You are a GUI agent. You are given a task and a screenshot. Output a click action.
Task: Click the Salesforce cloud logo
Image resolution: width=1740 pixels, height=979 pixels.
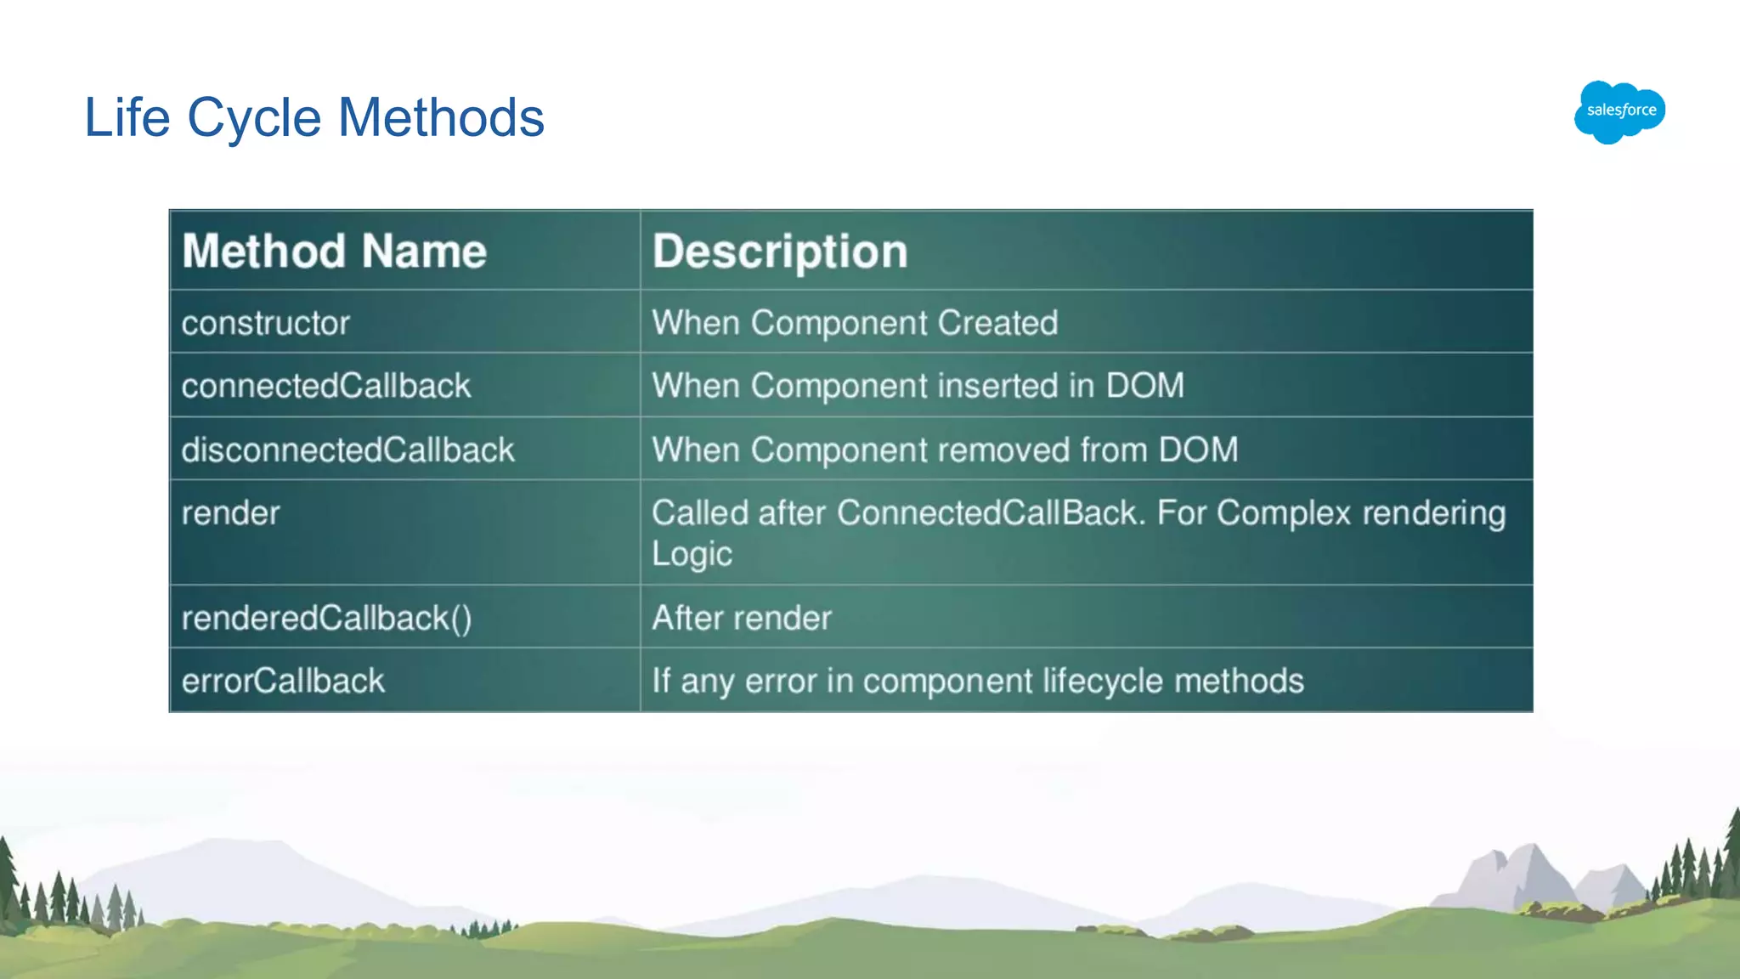(1619, 111)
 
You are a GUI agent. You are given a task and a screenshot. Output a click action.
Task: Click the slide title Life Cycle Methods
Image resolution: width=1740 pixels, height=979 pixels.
(314, 117)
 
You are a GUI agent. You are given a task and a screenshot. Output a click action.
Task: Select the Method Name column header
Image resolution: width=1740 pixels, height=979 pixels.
(334, 252)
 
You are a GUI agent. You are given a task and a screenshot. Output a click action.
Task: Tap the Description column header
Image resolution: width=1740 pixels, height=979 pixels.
(779, 252)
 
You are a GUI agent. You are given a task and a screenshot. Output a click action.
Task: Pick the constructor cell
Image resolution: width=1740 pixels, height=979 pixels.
(265, 323)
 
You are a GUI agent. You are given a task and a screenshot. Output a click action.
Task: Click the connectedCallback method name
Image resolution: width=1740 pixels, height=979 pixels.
(325, 386)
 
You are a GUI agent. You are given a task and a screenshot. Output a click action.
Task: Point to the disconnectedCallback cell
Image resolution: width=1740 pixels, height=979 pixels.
(347, 450)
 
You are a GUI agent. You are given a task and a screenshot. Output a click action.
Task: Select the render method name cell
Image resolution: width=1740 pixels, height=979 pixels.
(230, 513)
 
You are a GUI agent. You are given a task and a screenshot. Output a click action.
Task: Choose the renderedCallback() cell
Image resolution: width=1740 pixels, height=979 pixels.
(326, 618)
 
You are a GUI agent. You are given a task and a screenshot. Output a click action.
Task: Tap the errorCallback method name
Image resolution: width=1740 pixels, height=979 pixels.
(283, 681)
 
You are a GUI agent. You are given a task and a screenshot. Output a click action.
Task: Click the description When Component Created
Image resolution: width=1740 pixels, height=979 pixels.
(854, 323)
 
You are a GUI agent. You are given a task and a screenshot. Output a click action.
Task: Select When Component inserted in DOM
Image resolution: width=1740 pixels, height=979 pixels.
(918, 386)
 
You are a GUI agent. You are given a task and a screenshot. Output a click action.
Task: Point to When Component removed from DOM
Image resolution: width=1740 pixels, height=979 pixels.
(945, 450)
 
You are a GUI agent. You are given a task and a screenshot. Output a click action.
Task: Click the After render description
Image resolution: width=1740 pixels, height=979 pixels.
(742, 618)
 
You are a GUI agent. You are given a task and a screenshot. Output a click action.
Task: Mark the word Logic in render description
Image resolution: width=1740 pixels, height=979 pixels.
(692, 554)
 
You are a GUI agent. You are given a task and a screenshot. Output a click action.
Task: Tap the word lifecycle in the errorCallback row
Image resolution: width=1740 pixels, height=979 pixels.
(1102, 681)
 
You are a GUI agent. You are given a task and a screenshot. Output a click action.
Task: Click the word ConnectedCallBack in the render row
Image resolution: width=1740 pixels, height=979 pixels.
(991, 513)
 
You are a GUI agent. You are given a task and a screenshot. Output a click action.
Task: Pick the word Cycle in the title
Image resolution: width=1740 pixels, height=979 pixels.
(255, 117)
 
